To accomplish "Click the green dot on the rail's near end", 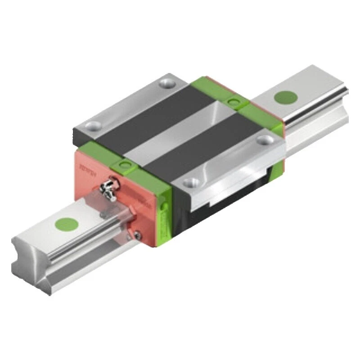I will tap(67, 224).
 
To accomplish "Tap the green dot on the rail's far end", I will tap(283, 97).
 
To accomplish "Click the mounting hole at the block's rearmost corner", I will tap(169, 83).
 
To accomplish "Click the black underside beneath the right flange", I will tap(234, 198).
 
